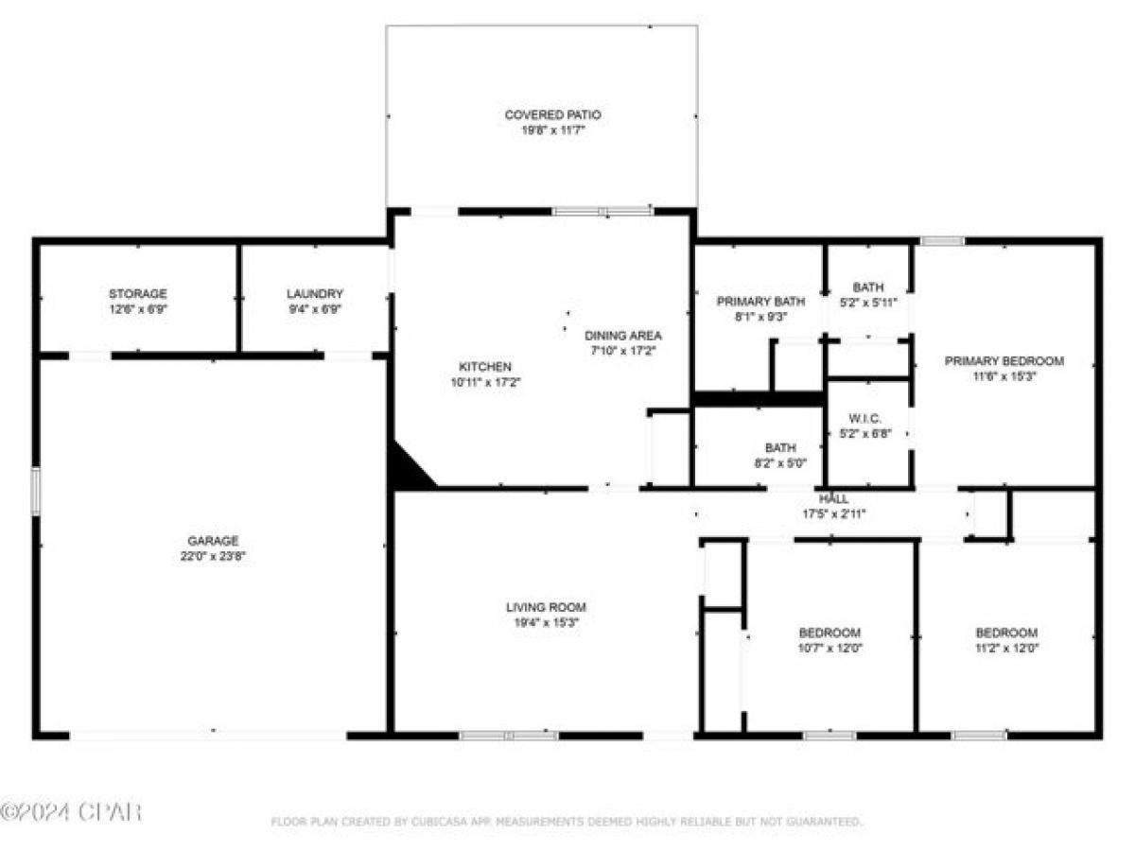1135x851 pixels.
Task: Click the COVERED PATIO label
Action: pyautogui.click(x=552, y=114)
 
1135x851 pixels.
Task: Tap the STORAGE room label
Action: pyautogui.click(x=137, y=294)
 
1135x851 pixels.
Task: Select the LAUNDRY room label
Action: pyautogui.click(x=315, y=294)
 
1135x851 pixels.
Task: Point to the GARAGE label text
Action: pyautogui.click(x=213, y=541)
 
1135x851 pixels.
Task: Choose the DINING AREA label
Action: pyautogui.click(x=622, y=336)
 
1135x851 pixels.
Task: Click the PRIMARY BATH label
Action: pyautogui.click(x=760, y=302)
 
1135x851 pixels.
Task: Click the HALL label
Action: pyautogui.click(x=833, y=498)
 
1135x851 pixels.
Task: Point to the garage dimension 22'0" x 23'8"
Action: pyautogui.click(x=213, y=557)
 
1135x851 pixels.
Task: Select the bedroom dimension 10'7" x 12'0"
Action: pyautogui.click(x=829, y=649)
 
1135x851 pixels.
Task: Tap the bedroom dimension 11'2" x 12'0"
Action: pyautogui.click(x=1006, y=649)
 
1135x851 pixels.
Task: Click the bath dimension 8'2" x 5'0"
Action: pyautogui.click(x=780, y=463)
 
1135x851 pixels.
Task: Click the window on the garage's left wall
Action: pyautogui.click(x=36, y=491)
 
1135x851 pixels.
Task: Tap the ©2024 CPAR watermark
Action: pyautogui.click(x=71, y=811)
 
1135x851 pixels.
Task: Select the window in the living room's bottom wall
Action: pyautogui.click(x=508, y=735)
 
